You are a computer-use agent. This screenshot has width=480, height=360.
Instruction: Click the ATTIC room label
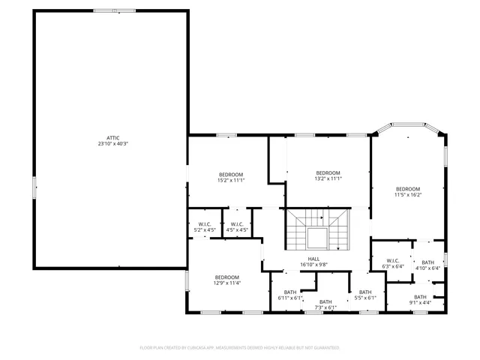[112, 138]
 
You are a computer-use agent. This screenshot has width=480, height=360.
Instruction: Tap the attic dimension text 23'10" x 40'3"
[112, 144]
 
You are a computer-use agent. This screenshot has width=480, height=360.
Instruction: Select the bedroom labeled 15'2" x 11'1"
[230, 177]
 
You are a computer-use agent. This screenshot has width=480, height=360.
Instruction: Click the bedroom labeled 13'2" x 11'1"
[328, 175]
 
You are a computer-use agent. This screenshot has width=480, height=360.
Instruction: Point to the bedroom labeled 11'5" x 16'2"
[408, 191]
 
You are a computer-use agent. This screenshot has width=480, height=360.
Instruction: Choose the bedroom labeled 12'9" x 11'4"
[226, 280]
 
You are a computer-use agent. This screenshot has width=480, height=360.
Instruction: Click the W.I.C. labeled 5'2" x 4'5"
[204, 227]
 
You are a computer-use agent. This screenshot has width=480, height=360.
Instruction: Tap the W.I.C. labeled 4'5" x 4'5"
[237, 227]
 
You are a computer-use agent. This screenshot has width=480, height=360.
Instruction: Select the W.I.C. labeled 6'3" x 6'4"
[393, 263]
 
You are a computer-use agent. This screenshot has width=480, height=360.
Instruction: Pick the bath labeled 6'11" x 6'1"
[289, 295]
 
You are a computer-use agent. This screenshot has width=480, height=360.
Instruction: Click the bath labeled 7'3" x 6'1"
[325, 304]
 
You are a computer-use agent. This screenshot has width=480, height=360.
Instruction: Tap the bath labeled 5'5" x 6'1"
[365, 295]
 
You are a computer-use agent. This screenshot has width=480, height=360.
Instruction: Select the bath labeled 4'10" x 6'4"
[427, 265]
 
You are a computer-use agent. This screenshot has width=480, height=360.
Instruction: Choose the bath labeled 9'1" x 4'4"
[421, 299]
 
